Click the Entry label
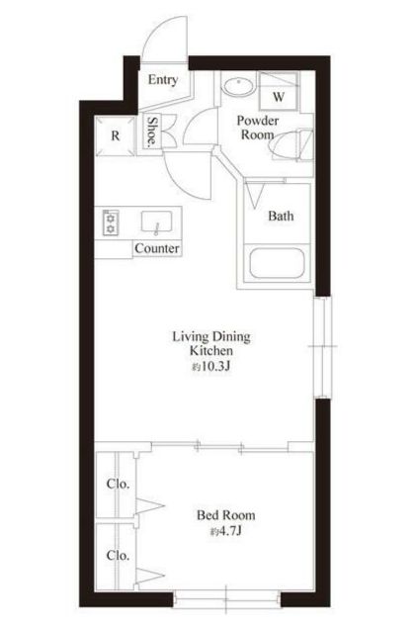(x=162, y=80)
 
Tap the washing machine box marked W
(x=279, y=91)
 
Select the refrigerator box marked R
(x=116, y=135)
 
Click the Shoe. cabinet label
(x=152, y=132)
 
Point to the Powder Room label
(x=258, y=128)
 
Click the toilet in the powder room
(x=293, y=144)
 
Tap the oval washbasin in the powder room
(x=238, y=86)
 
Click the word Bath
(x=281, y=216)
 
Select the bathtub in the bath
(x=277, y=263)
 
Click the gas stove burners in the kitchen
(x=110, y=223)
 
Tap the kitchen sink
(x=157, y=222)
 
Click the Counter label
(x=157, y=248)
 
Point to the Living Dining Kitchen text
(x=211, y=343)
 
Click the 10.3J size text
(x=210, y=367)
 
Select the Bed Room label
(x=226, y=515)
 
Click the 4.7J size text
(x=226, y=531)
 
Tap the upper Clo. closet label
(x=118, y=484)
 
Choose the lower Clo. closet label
(x=118, y=556)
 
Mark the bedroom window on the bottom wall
(x=227, y=598)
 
